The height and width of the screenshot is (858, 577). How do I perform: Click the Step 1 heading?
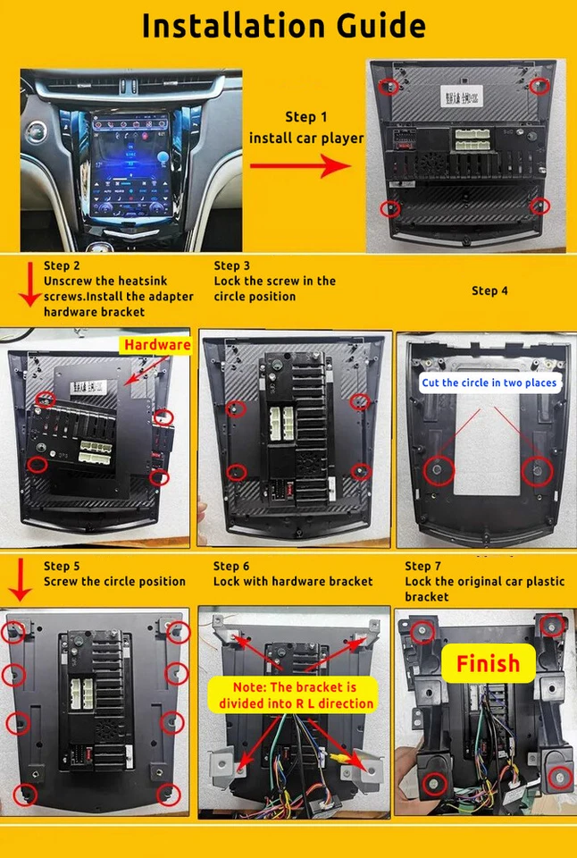point(306,117)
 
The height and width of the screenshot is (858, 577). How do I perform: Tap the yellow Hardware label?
point(157,345)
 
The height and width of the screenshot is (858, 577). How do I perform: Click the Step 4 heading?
point(489,290)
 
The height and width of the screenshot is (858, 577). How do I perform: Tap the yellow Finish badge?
point(488,663)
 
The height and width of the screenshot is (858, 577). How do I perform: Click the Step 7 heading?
point(423,566)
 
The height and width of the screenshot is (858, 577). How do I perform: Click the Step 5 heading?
point(62,566)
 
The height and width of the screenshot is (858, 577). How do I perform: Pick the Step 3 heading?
point(232,265)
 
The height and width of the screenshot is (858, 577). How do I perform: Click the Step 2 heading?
point(62,265)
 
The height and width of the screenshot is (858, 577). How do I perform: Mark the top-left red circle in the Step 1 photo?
point(389,87)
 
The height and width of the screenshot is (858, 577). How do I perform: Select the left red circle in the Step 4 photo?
point(439,471)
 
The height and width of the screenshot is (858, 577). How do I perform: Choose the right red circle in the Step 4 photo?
point(537,471)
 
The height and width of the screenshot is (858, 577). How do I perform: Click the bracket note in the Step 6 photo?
point(294,694)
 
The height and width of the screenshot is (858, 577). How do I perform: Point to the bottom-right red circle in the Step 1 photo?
point(539,207)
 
